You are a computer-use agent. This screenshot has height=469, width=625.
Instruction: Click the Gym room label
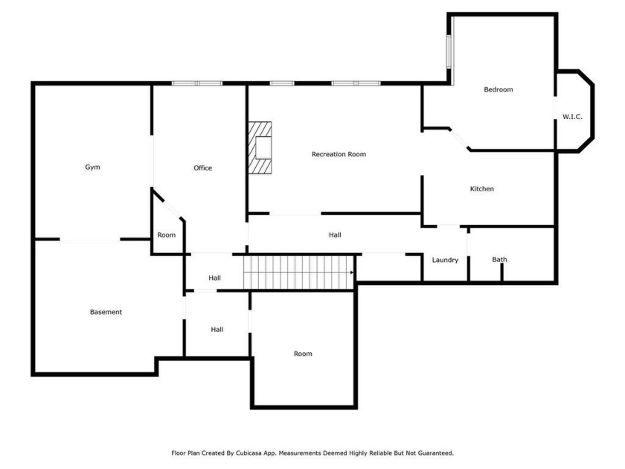tap(92, 167)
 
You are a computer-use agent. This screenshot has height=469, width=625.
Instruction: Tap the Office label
tap(202, 168)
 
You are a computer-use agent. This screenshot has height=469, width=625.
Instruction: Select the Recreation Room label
tap(339, 154)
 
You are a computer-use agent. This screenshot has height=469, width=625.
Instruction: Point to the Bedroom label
tap(499, 89)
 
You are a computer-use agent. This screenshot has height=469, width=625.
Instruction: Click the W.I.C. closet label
tap(572, 116)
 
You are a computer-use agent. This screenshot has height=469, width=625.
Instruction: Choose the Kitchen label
tap(481, 188)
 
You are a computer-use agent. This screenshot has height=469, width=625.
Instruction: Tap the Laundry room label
tap(445, 260)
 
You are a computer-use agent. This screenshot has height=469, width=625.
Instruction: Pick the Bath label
tap(499, 259)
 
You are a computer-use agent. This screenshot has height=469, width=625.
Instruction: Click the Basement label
tap(106, 312)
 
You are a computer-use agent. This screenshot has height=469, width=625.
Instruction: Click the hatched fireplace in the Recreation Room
tap(260, 147)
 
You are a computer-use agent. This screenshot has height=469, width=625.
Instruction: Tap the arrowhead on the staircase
tap(351, 272)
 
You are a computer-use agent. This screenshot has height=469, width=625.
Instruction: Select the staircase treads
tap(298, 272)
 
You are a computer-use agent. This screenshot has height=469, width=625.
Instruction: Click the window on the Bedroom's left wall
tap(449, 51)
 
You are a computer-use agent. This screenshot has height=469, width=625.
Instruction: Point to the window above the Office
tap(197, 83)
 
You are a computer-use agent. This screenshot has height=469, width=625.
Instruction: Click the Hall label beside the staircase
tap(214, 278)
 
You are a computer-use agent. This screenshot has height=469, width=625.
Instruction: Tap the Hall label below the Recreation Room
tap(335, 235)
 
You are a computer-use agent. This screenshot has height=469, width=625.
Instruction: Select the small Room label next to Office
tap(166, 235)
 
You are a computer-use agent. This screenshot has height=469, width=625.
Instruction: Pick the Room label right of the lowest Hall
tap(303, 354)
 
